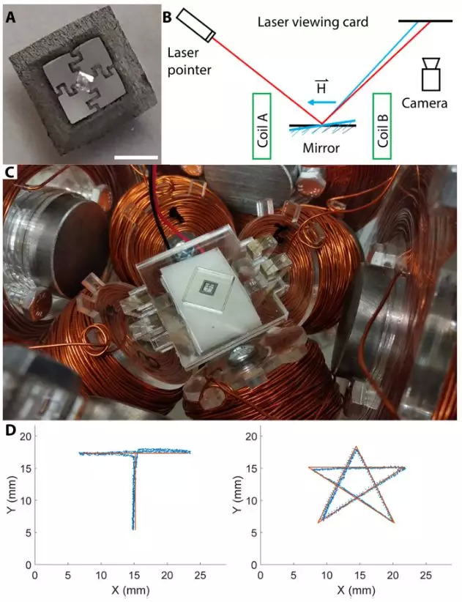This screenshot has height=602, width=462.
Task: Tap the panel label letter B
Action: tap(167, 15)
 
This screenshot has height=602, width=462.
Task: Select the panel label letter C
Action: tap(10, 174)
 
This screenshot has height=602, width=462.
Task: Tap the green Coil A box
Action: tap(261, 126)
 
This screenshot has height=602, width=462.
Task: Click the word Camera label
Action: tap(428, 103)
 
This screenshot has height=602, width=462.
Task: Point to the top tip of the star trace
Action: tap(356, 447)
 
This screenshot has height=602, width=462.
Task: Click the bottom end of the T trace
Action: tap(133, 529)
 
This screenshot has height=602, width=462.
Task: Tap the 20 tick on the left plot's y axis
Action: tap(23, 436)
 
